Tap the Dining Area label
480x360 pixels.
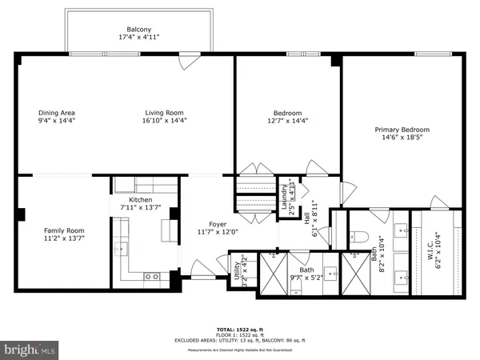[x=56, y=113]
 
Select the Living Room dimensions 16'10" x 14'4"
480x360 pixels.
[x=166, y=123]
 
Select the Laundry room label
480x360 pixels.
[x=284, y=198]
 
